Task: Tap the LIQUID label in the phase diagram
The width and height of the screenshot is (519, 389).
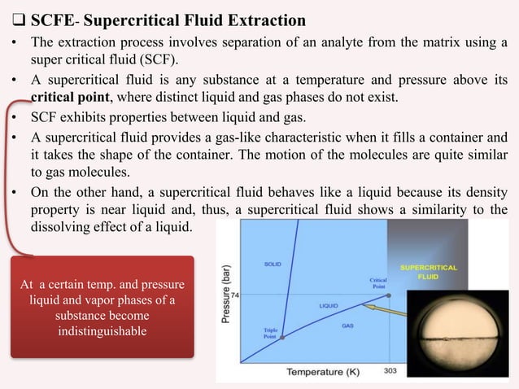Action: (x=329, y=306)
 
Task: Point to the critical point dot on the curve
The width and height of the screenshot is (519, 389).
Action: (x=388, y=295)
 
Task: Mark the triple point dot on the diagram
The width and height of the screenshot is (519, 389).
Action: (x=281, y=336)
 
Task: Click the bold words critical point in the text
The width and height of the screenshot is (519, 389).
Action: (x=66, y=94)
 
